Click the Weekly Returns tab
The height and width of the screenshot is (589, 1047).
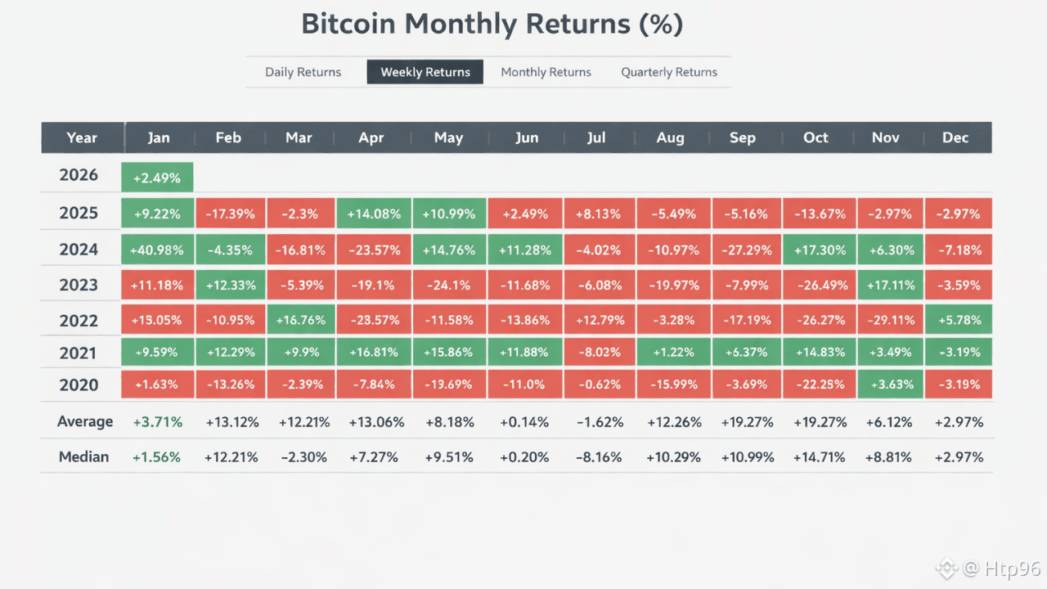click(x=425, y=72)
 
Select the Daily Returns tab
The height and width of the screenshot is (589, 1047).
click(x=303, y=72)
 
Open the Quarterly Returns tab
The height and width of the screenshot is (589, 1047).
click(x=669, y=72)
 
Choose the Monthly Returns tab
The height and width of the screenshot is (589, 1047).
click(x=546, y=72)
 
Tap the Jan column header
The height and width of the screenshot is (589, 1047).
click(x=159, y=137)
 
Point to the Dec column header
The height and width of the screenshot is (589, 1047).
click(x=955, y=137)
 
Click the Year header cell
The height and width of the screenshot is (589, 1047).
click(x=82, y=137)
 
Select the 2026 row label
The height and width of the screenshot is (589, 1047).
click(x=79, y=175)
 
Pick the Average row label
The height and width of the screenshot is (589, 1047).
click(x=85, y=421)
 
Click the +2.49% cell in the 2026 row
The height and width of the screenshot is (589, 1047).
click(x=157, y=178)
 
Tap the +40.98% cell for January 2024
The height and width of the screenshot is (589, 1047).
click(x=157, y=250)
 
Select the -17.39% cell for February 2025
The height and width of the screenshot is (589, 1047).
click(x=229, y=214)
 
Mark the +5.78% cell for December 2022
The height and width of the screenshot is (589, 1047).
click(x=958, y=320)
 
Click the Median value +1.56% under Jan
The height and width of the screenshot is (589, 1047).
click(x=156, y=457)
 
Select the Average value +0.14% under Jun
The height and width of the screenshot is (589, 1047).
click(x=524, y=422)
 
